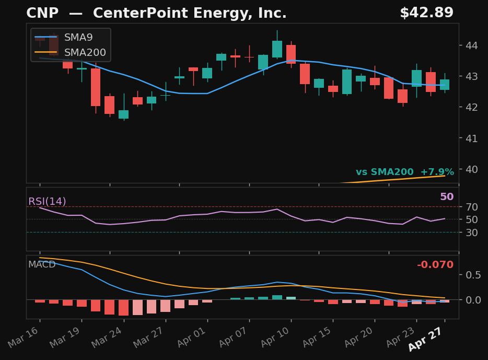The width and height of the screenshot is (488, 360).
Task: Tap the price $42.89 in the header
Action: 426,13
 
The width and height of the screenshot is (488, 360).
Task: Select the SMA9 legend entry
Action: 78,38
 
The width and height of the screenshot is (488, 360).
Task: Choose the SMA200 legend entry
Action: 85,52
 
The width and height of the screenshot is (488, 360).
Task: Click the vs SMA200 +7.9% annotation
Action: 404,172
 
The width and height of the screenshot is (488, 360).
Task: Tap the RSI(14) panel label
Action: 47,202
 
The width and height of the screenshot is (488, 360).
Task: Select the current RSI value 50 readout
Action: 447,197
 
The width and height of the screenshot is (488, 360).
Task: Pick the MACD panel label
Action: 42,264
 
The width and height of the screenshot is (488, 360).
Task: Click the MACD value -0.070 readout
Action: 435,265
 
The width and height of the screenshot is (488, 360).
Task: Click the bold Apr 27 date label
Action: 425,340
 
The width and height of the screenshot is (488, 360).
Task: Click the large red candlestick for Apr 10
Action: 291,54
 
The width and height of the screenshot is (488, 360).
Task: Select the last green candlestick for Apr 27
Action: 445,85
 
